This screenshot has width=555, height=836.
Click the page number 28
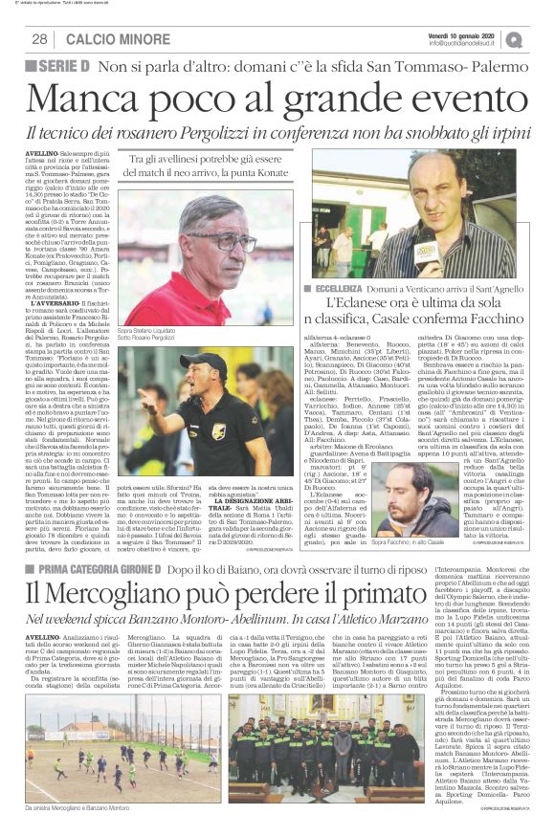click(40, 39)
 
